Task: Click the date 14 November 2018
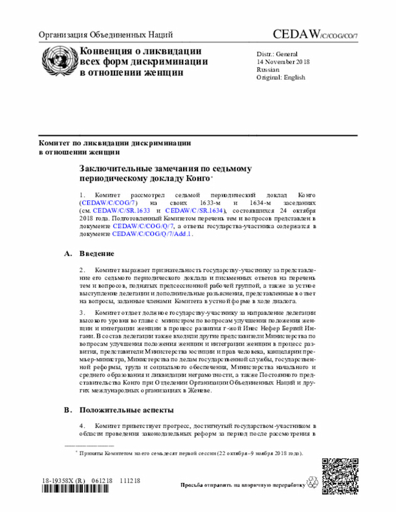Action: click(283, 62)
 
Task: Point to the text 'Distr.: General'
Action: click(277, 54)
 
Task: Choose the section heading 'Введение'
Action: click(97, 254)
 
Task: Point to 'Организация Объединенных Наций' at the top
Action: click(106, 35)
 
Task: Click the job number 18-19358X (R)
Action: click(64, 480)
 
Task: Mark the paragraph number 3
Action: click(82, 314)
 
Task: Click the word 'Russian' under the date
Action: click(269, 70)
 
